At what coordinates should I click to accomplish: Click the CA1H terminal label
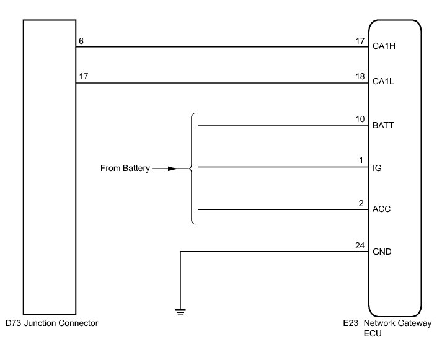tap(384, 46)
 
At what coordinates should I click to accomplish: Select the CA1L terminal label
tap(384, 81)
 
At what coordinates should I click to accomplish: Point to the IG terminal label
tap(377, 167)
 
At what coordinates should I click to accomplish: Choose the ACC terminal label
tap(381, 209)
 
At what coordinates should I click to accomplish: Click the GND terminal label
tap(382, 252)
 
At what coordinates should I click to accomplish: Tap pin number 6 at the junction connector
tap(81, 42)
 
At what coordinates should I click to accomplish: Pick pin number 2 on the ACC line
tap(360, 203)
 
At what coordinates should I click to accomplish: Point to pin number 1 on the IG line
tap(361, 161)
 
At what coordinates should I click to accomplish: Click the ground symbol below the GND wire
tap(180, 312)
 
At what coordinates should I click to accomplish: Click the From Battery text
tap(125, 168)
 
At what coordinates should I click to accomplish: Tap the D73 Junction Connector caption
tap(51, 323)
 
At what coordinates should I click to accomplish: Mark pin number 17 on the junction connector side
tap(83, 77)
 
